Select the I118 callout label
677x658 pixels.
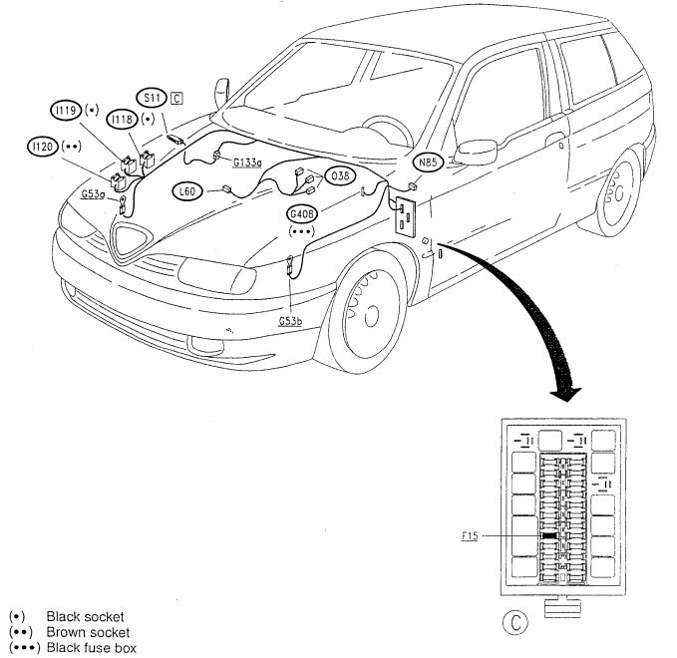[x=123, y=120]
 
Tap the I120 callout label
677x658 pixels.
[x=40, y=147]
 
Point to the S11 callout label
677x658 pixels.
[x=152, y=98]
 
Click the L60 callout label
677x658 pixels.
[x=186, y=190]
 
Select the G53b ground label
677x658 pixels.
[x=291, y=322]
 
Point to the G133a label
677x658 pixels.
[x=246, y=162]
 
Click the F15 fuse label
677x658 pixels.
[x=471, y=536]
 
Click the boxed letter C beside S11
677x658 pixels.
[x=175, y=98]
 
